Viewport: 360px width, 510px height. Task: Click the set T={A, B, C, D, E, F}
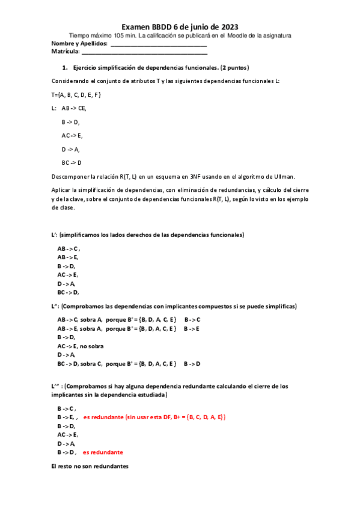(x=76, y=94)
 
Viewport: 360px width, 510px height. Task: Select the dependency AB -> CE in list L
(x=73, y=108)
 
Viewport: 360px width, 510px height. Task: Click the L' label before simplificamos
(x=54, y=235)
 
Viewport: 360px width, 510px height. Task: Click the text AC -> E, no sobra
(x=81, y=346)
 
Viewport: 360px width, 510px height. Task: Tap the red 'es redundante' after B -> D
(x=103, y=452)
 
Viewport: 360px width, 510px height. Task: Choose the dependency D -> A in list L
(x=70, y=149)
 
